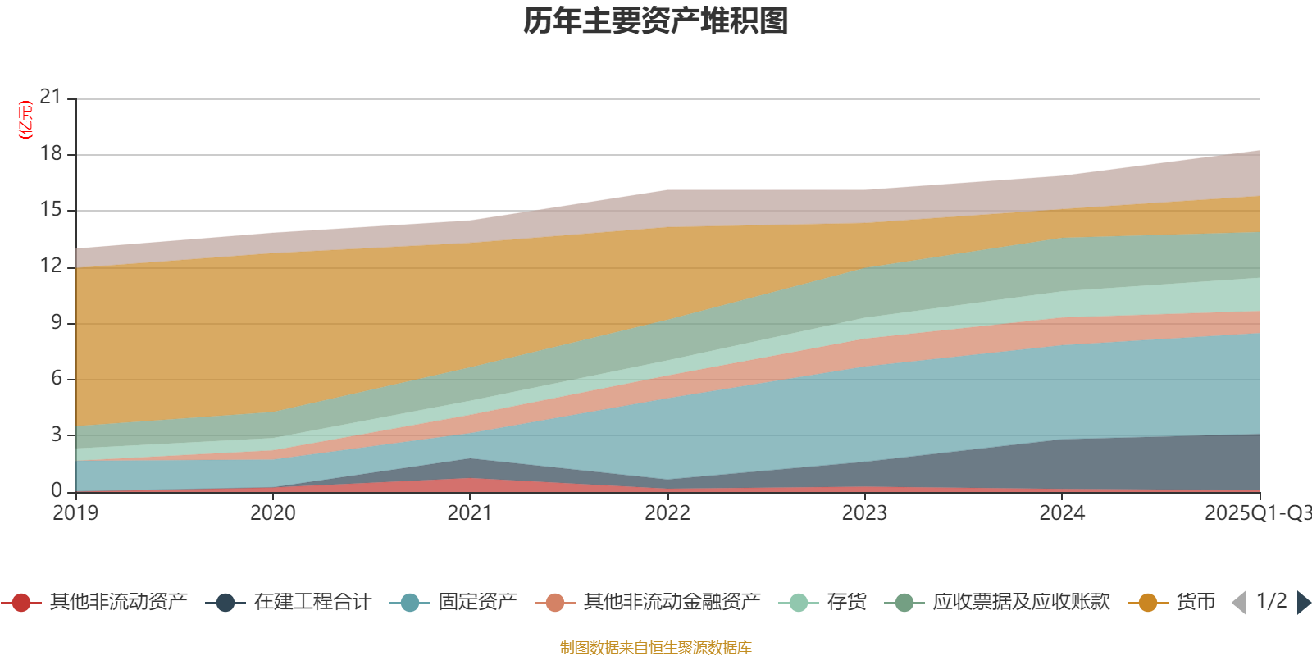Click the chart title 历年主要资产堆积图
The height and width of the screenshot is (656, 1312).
click(x=656, y=21)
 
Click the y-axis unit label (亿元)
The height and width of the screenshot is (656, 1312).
click(x=25, y=120)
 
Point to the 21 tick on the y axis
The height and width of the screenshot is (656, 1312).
click(x=51, y=98)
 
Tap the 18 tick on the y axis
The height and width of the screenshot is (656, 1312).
click(x=51, y=154)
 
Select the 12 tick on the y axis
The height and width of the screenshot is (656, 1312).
click(x=51, y=266)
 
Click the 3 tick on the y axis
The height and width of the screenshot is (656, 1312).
click(x=57, y=435)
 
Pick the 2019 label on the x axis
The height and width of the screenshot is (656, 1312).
click(x=75, y=513)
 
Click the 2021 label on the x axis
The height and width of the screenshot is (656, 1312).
click(x=470, y=513)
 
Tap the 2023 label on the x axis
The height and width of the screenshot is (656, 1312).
click(x=864, y=513)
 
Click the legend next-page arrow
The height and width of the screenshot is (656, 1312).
click(x=1303, y=603)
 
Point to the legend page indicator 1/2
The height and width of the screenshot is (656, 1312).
click(x=1272, y=601)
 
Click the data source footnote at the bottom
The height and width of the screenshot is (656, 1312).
click(x=656, y=648)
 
